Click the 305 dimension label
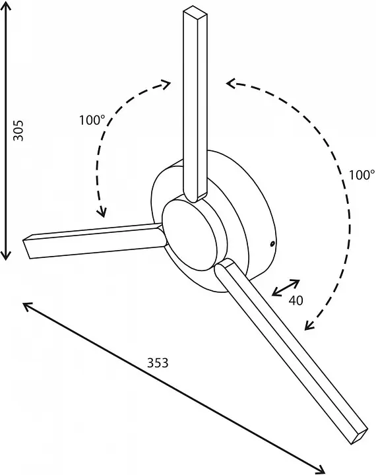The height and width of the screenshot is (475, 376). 18,131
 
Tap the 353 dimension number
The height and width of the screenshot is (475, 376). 158,363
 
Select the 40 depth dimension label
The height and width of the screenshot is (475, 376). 296,300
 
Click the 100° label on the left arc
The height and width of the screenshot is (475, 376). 92,120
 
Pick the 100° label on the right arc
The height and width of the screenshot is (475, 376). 361,175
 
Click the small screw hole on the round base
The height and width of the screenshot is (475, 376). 272,243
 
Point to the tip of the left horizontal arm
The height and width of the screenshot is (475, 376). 27,246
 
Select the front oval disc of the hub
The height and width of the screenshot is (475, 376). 190,236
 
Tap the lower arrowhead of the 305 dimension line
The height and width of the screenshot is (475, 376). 7,255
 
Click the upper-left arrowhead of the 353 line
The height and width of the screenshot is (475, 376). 28,307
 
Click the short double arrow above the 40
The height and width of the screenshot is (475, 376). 286,288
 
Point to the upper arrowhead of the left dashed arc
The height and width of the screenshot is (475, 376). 166,84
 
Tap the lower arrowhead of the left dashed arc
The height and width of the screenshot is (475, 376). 102,212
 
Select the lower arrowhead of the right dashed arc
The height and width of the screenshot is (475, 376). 309,325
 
